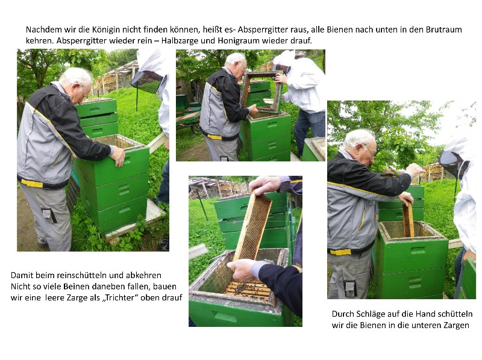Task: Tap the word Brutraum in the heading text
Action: point(443,29)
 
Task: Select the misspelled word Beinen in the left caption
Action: point(77,287)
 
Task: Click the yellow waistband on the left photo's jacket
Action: point(32,183)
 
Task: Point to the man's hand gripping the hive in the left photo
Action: point(118,156)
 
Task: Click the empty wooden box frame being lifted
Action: point(262,92)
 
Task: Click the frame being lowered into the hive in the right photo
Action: point(408,220)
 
